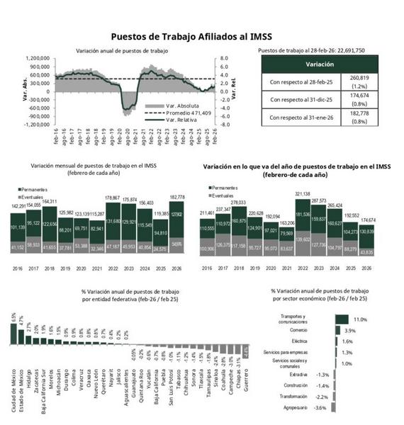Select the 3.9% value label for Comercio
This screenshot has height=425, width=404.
(x=349, y=331)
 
